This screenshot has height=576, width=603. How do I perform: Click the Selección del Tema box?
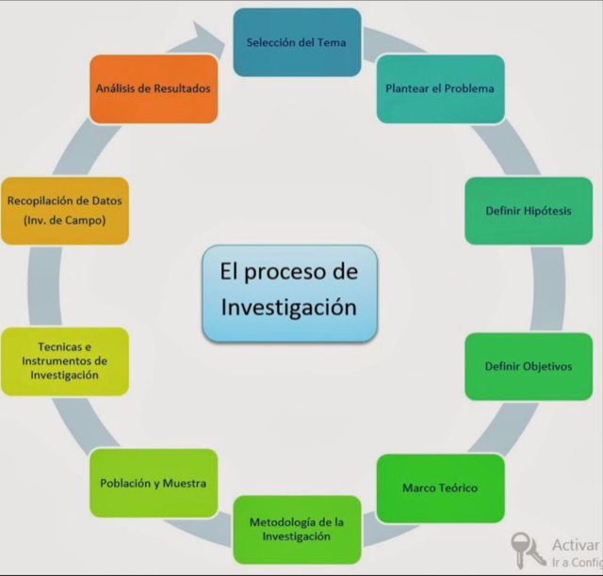[x=297, y=42]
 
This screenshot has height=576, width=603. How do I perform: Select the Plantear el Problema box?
[x=440, y=88]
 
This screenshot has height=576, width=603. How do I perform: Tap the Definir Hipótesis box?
[x=529, y=211]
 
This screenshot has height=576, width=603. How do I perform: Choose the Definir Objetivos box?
[x=529, y=366]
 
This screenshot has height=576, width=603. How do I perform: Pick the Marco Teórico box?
[x=440, y=488]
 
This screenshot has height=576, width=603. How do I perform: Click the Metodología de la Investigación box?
[x=297, y=530]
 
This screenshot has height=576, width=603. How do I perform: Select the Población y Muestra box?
[x=154, y=483]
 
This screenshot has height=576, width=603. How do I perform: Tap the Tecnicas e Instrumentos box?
[x=65, y=361]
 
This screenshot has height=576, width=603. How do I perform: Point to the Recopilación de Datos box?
[x=65, y=211]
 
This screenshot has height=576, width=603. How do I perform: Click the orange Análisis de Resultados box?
[x=154, y=88]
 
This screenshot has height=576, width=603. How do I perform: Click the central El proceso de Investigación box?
[x=289, y=294]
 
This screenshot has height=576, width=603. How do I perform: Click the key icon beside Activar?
[x=528, y=550]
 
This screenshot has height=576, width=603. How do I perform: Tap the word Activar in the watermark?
[x=576, y=545]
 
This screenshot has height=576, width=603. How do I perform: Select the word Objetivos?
[x=547, y=366]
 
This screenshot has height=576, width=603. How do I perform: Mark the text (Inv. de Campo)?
[x=65, y=220]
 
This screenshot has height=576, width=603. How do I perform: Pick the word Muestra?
[x=185, y=483]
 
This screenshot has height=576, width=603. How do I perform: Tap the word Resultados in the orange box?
[x=181, y=88]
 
